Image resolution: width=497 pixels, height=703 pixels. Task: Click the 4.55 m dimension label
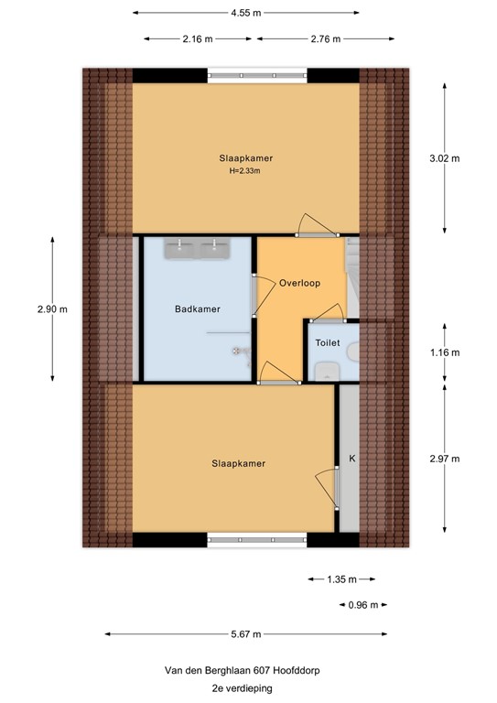click(x=246, y=13)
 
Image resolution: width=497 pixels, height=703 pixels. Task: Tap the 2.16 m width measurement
click(x=198, y=39)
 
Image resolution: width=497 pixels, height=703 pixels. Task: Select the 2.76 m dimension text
click(x=325, y=39)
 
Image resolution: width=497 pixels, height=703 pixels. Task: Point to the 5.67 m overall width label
click(x=246, y=634)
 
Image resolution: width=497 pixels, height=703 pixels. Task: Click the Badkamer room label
click(x=198, y=309)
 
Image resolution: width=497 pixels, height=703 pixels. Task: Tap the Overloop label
click(x=299, y=283)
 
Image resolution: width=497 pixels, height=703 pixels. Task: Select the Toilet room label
click(x=327, y=342)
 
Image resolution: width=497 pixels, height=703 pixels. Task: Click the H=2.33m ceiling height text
click(x=245, y=170)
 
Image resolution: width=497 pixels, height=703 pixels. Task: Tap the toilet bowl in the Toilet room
click(x=326, y=371)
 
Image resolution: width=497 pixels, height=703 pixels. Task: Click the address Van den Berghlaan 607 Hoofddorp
click(x=244, y=669)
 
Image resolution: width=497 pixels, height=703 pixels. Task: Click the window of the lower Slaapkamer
click(x=245, y=538)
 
